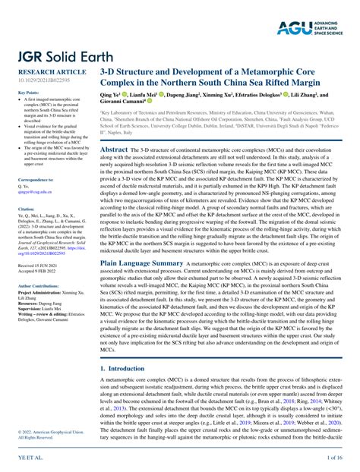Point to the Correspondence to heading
coord(33,179)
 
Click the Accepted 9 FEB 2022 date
coord(36,272)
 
